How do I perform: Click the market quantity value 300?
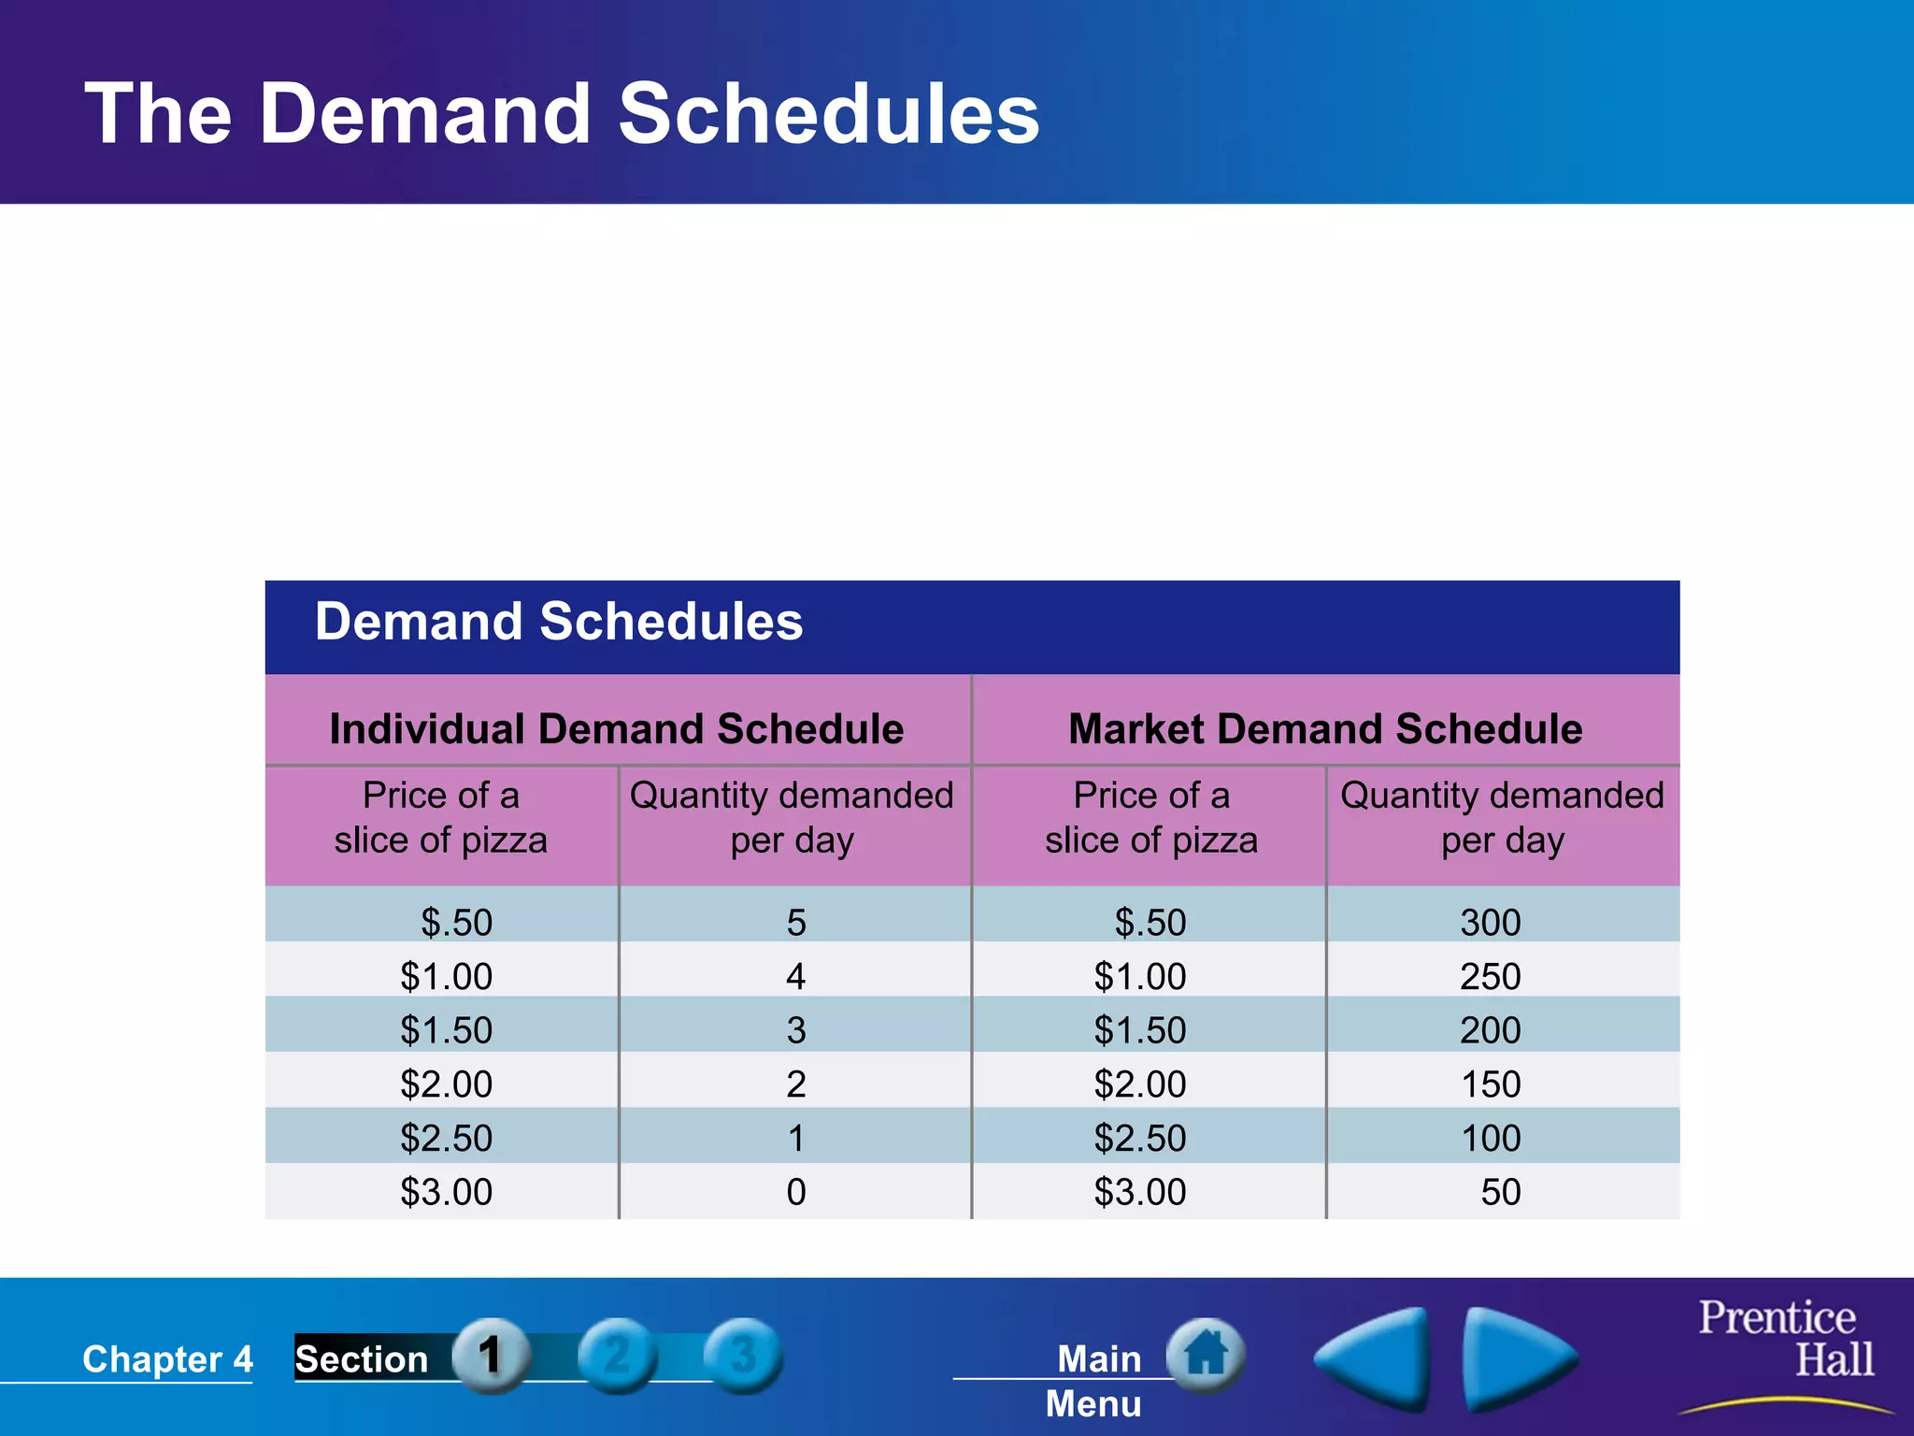1490,923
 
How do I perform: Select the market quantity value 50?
1500,1192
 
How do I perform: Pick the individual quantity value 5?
795,923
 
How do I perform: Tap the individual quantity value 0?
795,1192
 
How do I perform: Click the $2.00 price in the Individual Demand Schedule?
446,1084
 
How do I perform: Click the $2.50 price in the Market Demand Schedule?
1139,1139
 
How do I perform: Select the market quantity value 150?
1490,1084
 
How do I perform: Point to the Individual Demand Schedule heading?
616,729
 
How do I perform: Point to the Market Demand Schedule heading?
1324,729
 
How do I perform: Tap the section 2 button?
617,1356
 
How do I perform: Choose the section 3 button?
743,1356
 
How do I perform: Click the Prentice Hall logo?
1785,1339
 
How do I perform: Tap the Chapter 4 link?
167,1359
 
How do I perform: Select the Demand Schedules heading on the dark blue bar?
559,622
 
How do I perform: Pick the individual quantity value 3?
795,1030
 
